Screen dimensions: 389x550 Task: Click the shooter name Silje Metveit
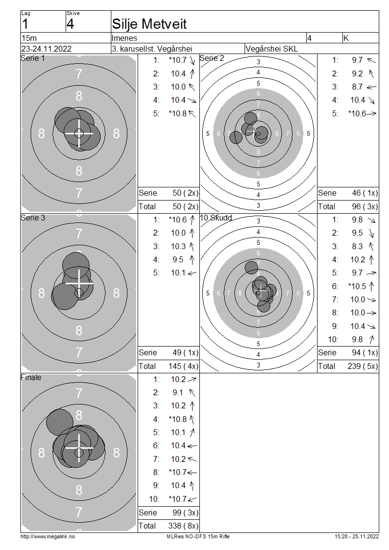(x=149, y=24)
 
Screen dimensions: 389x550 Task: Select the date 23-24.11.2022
(x=46, y=49)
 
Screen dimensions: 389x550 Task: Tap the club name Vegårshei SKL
(x=272, y=49)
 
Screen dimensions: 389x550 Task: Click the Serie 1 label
(x=33, y=58)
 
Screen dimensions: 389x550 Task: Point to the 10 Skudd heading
(x=216, y=218)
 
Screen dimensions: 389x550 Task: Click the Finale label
(x=31, y=377)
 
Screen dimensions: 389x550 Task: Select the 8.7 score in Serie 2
(x=357, y=87)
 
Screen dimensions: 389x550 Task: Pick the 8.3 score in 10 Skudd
(x=357, y=246)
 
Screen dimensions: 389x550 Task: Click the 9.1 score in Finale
(x=177, y=392)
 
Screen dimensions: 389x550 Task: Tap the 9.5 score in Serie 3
(x=177, y=259)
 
